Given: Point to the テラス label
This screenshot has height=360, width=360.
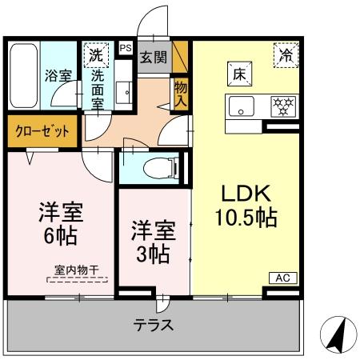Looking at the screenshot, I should pyautogui.click(x=154, y=326).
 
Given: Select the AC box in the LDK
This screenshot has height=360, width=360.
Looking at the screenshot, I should pyautogui.click(x=282, y=278).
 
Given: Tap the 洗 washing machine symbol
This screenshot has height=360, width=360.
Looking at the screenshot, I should pyautogui.click(x=96, y=56).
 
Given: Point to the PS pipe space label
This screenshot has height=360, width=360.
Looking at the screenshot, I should pyautogui.click(x=125, y=48).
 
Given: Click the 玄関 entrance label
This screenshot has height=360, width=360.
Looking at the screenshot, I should pyautogui.click(x=154, y=57).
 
